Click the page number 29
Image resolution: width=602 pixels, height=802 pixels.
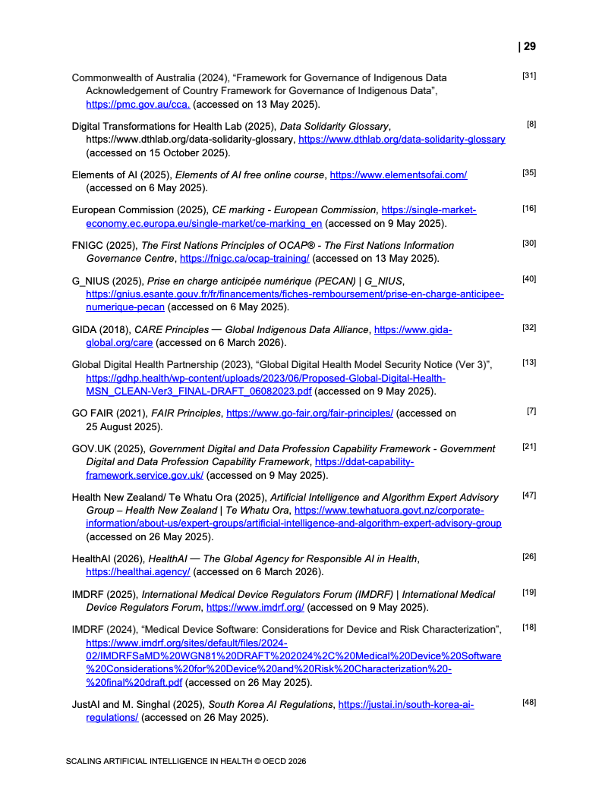[529, 46]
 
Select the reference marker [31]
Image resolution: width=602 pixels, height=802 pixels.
[529, 76]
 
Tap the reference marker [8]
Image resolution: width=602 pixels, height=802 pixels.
[531, 124]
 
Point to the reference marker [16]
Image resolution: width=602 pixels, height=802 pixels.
[529, 209]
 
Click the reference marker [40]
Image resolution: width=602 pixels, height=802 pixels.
[529, 279]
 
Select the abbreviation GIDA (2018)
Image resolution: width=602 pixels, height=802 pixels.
[102, 330]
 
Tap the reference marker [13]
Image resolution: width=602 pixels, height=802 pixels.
[529, 363]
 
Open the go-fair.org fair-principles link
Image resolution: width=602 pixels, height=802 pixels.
[310, 414]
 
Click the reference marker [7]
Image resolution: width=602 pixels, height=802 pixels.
[531, 411]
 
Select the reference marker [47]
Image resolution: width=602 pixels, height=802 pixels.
[529, 495]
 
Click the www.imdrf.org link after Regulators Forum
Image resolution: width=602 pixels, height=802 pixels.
[255, 607]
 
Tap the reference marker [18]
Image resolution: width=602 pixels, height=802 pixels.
[529, 627]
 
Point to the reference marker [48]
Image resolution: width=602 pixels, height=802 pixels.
[529, 702]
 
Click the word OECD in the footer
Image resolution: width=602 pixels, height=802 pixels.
[266, 761]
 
